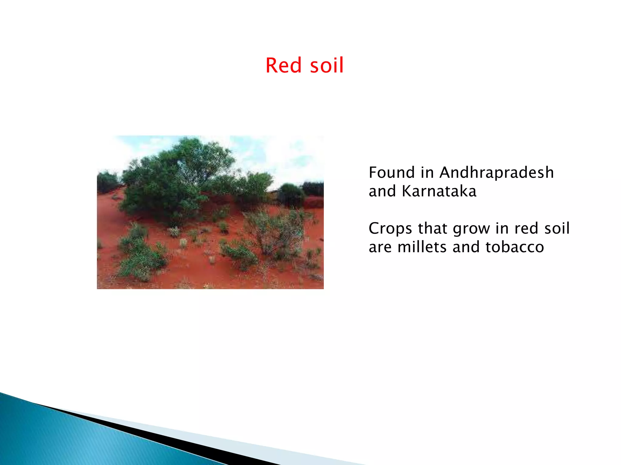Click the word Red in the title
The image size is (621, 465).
(283, 65)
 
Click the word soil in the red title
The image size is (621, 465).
(327, 65)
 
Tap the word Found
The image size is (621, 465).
(391, 173)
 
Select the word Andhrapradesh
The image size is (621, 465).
(496, 173)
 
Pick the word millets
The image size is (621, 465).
(422, 247)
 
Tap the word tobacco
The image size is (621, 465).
(514, 247)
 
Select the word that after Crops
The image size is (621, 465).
(433, 229)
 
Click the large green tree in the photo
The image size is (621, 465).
(179, 179)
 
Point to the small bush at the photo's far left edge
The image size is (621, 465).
(106, 182)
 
